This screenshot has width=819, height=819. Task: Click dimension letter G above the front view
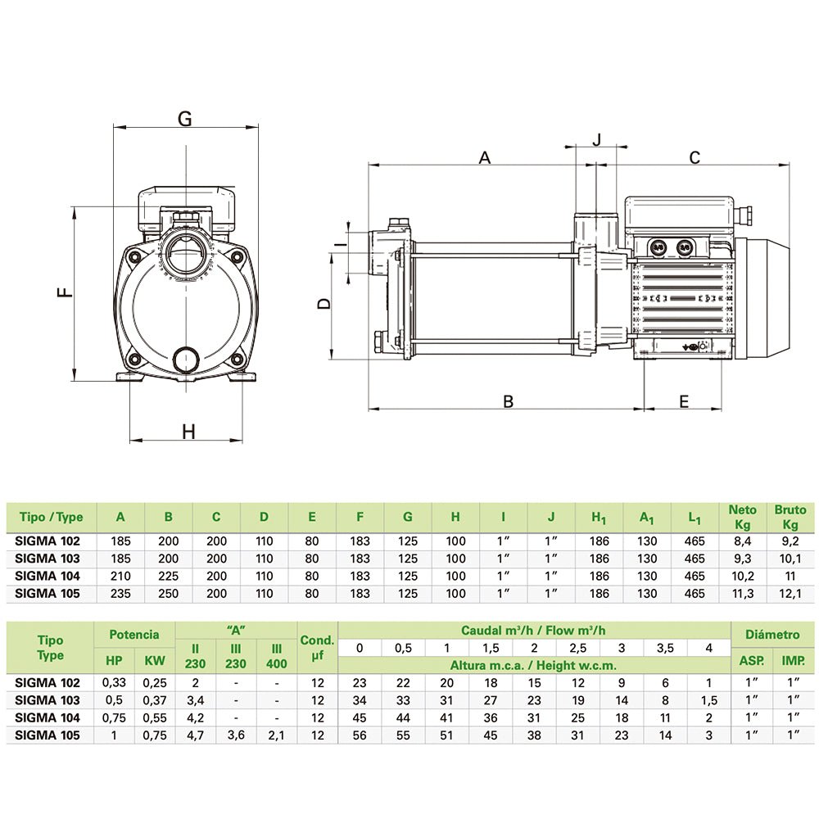(x=185, y=119)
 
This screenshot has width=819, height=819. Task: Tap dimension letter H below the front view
(x=188, y=432)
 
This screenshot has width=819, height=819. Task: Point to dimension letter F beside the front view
(x=66, y=291)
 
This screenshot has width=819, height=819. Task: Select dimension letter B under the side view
(x=508, y=401)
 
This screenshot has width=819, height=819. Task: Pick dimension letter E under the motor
(x=684, y=401)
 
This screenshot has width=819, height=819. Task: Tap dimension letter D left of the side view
(x=324, y=304)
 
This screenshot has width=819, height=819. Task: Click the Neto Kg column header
(x=742, y=517)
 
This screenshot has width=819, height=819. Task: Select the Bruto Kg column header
(x=790, y=517)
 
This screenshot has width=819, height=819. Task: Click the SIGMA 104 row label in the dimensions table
(x=48, y=576)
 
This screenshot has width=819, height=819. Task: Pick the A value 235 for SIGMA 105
(x=120, y=594)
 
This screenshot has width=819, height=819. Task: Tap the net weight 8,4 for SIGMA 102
(x=742, y=541)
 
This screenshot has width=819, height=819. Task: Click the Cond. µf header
(x=317, y=648)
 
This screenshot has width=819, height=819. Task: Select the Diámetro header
(x=772, y=635)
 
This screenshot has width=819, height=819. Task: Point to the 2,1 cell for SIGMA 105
(x=276, y=735)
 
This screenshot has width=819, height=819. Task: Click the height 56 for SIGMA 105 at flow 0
(x=360, y=735)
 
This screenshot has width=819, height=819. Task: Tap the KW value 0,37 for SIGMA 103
(x=155, y=700)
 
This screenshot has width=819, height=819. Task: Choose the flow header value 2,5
(x=577, y=648)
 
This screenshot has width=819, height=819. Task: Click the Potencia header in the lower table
(x=134, y=635)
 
